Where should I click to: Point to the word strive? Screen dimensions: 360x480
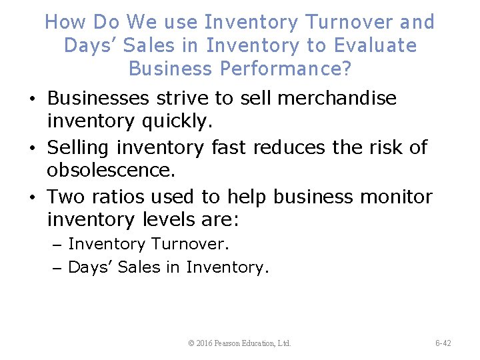[182, 99]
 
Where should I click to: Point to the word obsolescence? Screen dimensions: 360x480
[111, 171]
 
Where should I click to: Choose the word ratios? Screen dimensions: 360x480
[117, 197]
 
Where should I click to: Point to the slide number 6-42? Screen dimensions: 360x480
[443, 343]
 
